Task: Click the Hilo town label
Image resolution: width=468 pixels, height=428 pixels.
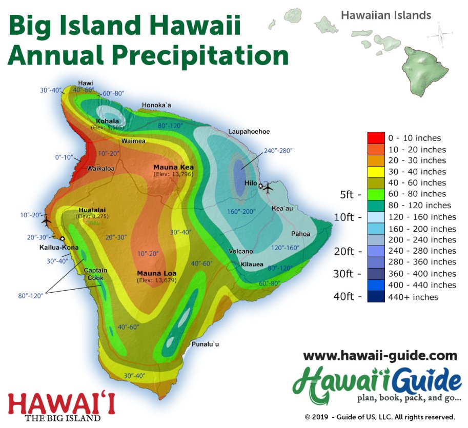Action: (x=251, y=183)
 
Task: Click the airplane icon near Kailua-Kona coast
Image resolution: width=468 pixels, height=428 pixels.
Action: (x=47, y=221)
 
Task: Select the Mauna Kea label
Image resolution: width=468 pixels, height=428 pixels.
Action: (x=173, y=168)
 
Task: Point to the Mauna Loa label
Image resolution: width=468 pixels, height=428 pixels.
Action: (x=157, y=273)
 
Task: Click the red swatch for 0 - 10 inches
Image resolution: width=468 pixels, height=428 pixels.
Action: (x=376, y=138)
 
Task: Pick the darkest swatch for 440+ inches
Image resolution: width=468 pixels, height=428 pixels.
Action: (x=376, y=297)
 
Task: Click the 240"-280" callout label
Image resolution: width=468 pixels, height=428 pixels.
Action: (x=278, y=151)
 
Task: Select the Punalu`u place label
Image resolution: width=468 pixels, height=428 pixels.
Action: (x=205, y=344)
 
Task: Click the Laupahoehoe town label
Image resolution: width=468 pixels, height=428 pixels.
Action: (x=250, y=132)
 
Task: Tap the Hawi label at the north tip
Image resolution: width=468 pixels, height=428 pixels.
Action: (x=85, y=83)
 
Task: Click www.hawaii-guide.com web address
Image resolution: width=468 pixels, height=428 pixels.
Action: (x=380, y=355)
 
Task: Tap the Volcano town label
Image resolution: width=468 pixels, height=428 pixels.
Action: (x=241, y=252)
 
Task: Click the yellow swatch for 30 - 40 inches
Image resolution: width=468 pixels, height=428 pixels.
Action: (x=376, y=172)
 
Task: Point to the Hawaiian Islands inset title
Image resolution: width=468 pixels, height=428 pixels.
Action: (x=385, y=15)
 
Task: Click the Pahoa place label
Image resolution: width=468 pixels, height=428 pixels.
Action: (x=300, y=234)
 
